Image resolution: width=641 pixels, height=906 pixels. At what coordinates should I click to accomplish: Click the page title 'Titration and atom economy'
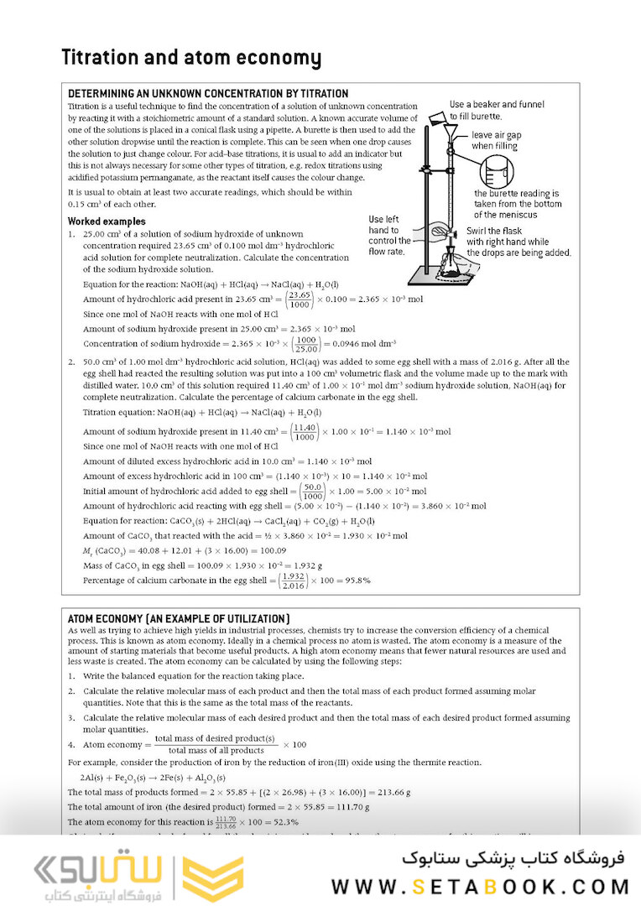pyautogui.click(x=191, y=58)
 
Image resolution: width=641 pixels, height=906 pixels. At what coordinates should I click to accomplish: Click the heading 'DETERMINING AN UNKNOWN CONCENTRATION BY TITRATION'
pyautogui.click(x=208, y=94)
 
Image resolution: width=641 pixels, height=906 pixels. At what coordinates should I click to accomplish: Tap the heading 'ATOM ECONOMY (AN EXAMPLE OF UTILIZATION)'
pyautogui.click(x=179, y=618)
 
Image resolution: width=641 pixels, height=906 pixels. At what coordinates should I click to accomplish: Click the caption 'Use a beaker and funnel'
pyautogui.click(x=497, y=105)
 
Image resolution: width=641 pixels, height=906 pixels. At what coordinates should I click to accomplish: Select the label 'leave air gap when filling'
pyautogui.click(x=494, y=140)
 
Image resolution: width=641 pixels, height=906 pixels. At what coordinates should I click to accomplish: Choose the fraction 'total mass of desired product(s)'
pyautogui.click(x=216, y=738)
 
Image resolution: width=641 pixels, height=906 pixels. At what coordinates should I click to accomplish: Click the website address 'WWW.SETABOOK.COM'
pyautogui.click(x=480, y=887)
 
